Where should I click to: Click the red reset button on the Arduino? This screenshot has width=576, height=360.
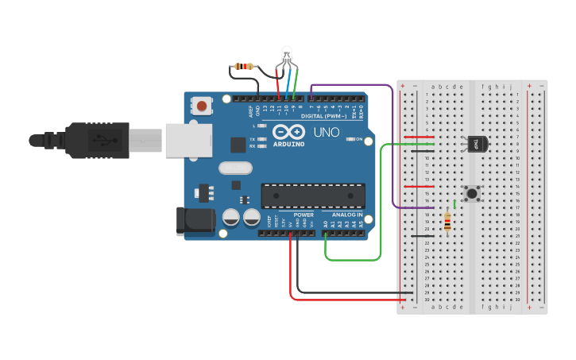tap(203, 106)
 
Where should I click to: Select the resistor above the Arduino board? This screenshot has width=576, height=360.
tap(245, 66)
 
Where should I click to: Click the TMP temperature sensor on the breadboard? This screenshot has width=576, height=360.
tap(477, 143)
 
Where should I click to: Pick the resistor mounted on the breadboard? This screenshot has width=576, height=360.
tap(447, 223)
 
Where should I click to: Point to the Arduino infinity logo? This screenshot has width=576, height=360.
tap(288, 132)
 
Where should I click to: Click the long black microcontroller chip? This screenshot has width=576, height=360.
tap(313, 195)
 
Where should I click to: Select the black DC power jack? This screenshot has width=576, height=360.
tap(195, 220)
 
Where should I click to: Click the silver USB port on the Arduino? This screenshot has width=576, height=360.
tap(188, 140)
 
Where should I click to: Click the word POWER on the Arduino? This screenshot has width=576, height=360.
tap(303, 215)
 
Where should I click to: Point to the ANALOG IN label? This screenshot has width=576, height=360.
tap(346, 215)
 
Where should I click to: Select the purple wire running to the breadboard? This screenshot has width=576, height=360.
tap(393, 143)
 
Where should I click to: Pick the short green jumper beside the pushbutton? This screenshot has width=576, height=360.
tap(454, 204)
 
